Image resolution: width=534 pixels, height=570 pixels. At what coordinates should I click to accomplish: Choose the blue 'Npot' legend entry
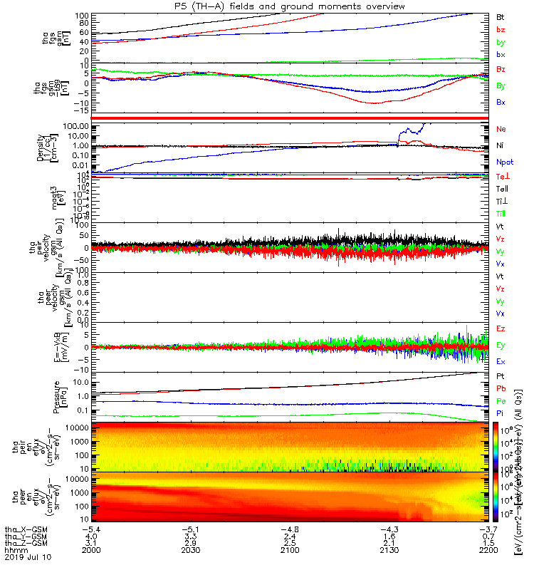503,162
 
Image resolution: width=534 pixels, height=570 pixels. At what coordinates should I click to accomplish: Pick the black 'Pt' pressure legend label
499,375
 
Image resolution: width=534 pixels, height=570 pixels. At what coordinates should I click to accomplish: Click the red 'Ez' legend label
500,328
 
